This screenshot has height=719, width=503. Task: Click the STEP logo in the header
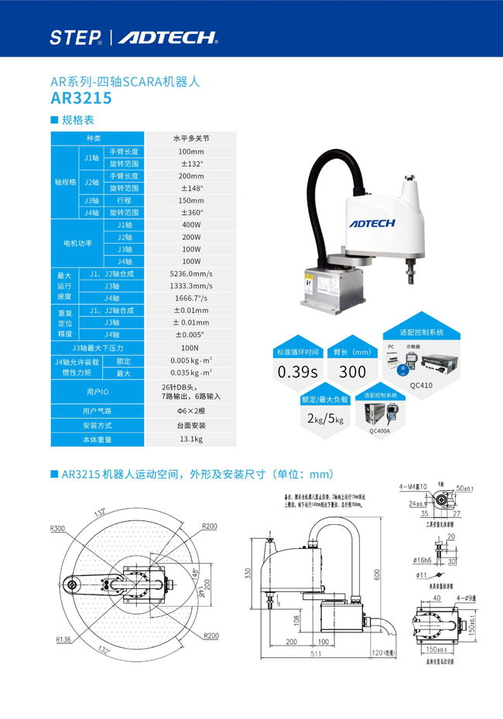(76, 37)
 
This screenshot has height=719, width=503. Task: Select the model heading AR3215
(81, 98)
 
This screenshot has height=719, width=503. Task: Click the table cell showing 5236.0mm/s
(190, 274)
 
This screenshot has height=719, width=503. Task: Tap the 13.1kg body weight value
(190, 439)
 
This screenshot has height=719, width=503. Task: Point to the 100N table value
(190, 347)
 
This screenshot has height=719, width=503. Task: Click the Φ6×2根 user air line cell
(190, 411)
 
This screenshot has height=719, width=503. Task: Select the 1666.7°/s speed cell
(190, 298)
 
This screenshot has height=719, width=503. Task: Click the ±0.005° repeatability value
(190, 334)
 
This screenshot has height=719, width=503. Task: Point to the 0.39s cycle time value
(299, 371)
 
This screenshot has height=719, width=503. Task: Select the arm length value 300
(352, 371)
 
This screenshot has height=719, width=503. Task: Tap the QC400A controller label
(380, 431)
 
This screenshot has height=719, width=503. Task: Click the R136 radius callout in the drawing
(63, 639)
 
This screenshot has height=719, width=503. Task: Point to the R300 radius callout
(56, 529)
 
